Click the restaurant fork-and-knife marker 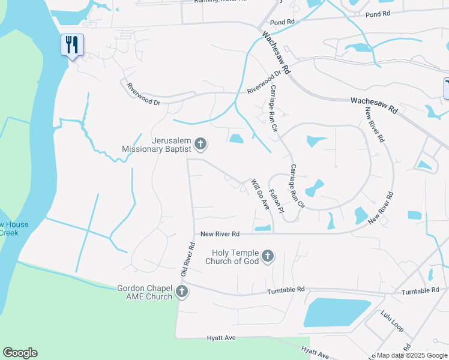(x=72, y=44)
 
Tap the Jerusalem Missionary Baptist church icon (x=201, y=144)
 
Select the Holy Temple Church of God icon (x=268, y=257)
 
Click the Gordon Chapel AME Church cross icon (x=182, y=292)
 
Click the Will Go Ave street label (x=260, y=194)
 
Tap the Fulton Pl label (x=277, y=202)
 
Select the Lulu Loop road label (x=392, y=320)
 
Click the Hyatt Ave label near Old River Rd (x=221, y=338)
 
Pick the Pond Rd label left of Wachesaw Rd (x=282, y=22)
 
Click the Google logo (x=20, y=353)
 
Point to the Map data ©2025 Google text (x=412, y=355)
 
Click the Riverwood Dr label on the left (x=143, y=95)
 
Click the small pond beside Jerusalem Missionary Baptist (x=236, y=139)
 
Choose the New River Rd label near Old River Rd (x=220, y=233)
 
